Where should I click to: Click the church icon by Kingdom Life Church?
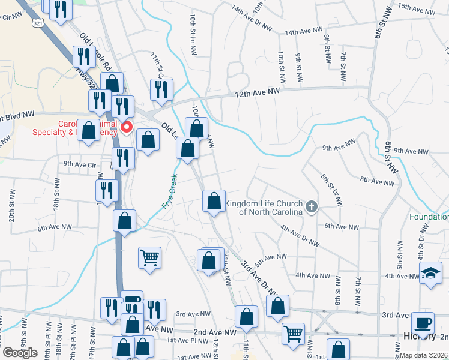(x=311, y=207)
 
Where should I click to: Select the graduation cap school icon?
(x=430, y=274)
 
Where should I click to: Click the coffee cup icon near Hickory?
(x=424, y=322)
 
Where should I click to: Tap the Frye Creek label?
(x=169, y=191)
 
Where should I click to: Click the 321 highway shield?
(x=37, y=23)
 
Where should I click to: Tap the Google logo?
(x=20, y=353)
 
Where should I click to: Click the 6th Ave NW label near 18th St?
(x=55, y=228)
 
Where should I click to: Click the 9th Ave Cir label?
(x=80, y=164)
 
